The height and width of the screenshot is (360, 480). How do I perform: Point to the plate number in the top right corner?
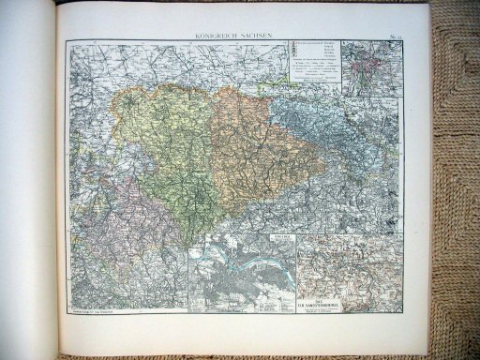(x=394, y=36)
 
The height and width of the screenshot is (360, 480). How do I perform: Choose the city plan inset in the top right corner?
(x=371, y=67)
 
